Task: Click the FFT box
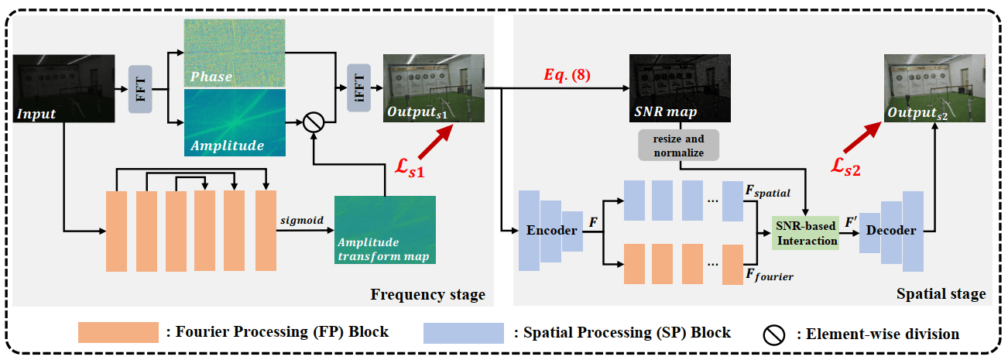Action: click(141, 88)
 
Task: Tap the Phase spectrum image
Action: click(233, 50)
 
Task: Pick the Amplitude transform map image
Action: click(385, 229)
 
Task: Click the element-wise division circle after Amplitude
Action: click(313, 122)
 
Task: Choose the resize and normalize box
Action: click(679, 146)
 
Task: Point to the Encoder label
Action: click(552, 231)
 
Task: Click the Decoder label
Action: click(891, 231)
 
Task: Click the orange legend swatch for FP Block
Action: click(118, 332)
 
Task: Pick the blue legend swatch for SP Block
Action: click(463, 332)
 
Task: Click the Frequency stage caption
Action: click(428, 294)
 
